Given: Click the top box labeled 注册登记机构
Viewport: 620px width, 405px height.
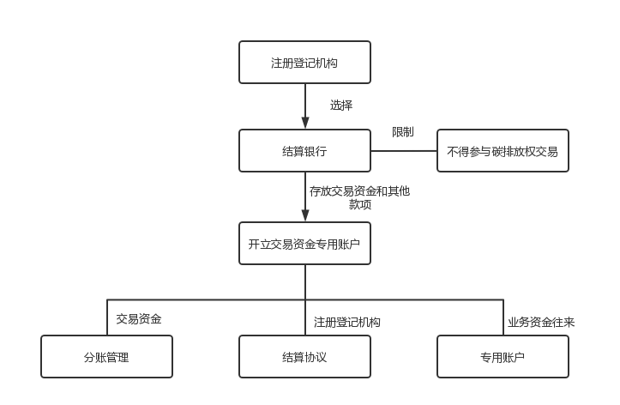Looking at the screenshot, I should (304, 63).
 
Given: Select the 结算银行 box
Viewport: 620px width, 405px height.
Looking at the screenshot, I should (304, 151).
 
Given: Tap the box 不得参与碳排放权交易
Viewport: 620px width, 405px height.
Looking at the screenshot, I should (503, 151).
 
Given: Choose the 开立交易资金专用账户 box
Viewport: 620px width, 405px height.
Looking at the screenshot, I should (304, 244).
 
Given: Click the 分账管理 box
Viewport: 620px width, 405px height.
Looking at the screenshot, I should (106, 357).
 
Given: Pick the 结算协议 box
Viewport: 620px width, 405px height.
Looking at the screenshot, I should (304, 357).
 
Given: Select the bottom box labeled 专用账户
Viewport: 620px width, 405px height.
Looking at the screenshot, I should (503, 357).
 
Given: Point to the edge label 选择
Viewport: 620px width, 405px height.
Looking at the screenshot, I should (341, 106).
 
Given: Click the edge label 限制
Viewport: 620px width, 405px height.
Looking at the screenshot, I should (403, 132).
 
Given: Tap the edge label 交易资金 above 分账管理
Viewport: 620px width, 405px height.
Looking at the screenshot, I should (139, 318).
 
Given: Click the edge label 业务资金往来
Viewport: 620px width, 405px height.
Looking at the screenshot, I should (541, 322).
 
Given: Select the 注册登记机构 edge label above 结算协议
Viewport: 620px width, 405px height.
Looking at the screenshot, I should (347, 322).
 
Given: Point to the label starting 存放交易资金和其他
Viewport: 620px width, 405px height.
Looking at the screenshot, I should (359, 190).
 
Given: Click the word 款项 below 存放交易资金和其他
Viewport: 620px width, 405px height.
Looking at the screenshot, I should (359, 204).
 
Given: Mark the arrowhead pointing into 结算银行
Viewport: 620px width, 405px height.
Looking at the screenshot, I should (304, 124).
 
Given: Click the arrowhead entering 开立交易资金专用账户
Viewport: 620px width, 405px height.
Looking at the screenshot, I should (304, 216).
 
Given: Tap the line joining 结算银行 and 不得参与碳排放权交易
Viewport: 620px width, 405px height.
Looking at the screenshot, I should (403, 150).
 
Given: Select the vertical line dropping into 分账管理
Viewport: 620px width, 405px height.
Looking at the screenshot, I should (106, 317).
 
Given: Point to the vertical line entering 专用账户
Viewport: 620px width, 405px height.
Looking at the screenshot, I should (503, 317).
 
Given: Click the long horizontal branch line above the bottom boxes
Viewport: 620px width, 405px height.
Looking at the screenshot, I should (206, 299).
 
